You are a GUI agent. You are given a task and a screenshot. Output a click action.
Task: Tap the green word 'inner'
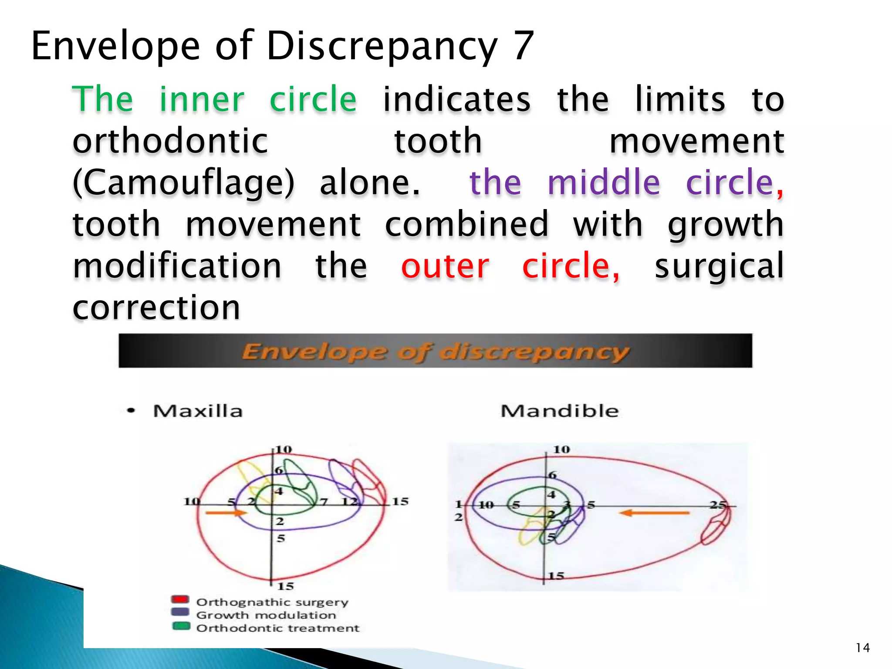(202, 100)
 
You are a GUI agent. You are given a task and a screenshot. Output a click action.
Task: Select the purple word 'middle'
(603, 182)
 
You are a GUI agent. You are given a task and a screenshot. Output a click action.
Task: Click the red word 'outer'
(445, 266)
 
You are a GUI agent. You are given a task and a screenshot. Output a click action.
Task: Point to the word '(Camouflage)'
(183, 182)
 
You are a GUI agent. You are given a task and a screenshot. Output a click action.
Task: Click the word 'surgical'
(719, 266)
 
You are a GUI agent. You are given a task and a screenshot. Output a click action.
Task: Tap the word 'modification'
(177, 266)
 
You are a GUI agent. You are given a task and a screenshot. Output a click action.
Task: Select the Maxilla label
(198, 411)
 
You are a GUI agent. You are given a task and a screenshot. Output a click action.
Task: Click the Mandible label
(559, 411)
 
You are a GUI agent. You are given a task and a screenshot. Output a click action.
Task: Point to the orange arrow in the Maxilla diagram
(226, 513)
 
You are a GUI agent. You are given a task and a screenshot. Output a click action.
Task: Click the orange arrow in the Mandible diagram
(654, 513)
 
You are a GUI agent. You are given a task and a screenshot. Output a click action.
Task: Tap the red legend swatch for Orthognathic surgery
(180, 600)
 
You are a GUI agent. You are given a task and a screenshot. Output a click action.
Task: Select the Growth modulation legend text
(266, 615)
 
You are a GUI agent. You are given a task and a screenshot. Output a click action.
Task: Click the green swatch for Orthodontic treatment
(181, 626)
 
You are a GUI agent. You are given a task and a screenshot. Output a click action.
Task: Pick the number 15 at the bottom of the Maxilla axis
(286, 586)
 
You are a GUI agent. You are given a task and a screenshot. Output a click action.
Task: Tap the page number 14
(862, 648)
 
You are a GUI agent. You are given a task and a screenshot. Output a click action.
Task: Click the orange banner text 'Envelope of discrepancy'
(435, 351)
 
